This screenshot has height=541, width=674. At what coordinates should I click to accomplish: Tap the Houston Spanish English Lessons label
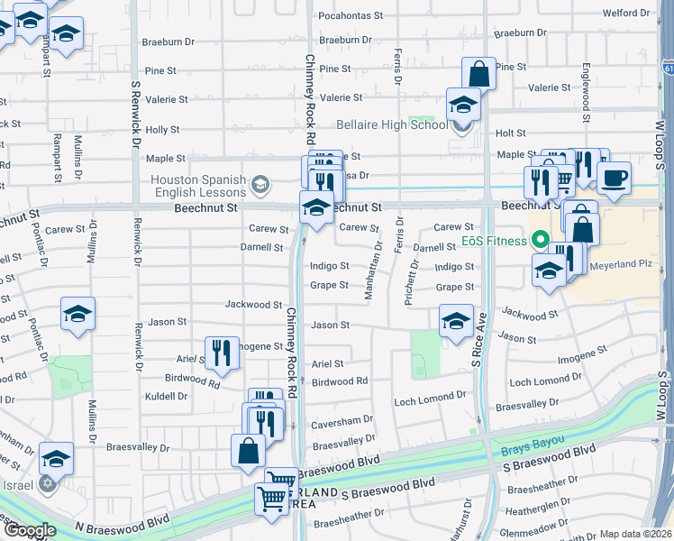198,186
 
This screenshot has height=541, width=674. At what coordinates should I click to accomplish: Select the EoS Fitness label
495,240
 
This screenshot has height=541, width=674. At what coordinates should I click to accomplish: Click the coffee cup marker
614,177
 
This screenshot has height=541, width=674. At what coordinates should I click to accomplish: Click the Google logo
29,530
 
